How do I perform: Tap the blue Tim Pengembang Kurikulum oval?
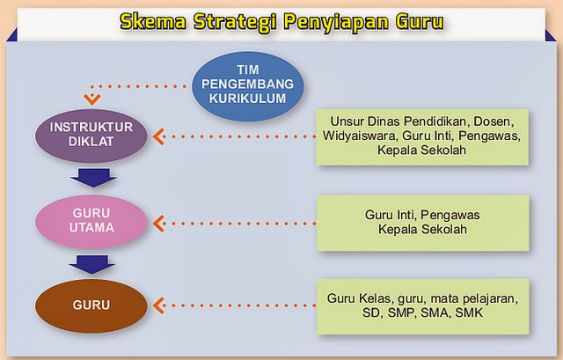(249, 84)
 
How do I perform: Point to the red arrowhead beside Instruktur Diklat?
(159, 136)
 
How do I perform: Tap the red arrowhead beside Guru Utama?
(159, 222)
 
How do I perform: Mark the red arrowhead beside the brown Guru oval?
(159, 305)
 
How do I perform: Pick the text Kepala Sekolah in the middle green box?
(421, 230)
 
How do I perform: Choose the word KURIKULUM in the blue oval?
(249, 99)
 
